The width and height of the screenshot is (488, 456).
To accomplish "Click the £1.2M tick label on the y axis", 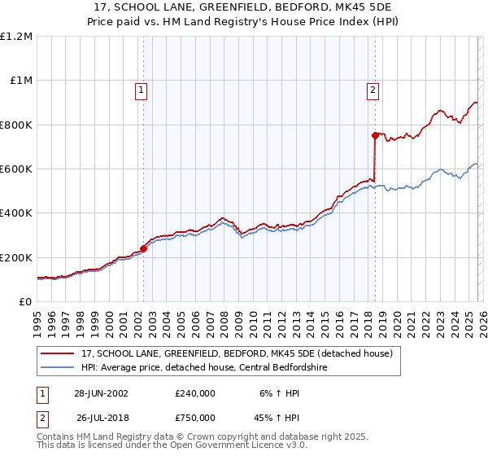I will coord(16,36).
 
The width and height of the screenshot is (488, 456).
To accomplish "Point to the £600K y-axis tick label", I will coord(16,169).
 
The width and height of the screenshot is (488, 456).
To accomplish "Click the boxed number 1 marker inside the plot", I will coord(141,91).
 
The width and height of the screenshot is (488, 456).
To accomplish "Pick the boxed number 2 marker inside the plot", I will coord(373,91).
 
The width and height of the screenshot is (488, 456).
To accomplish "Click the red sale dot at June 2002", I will coord(144,248).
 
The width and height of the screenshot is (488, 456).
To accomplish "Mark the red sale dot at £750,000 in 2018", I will coord(375,135).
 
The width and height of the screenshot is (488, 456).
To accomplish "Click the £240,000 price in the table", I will coord(194,392).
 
